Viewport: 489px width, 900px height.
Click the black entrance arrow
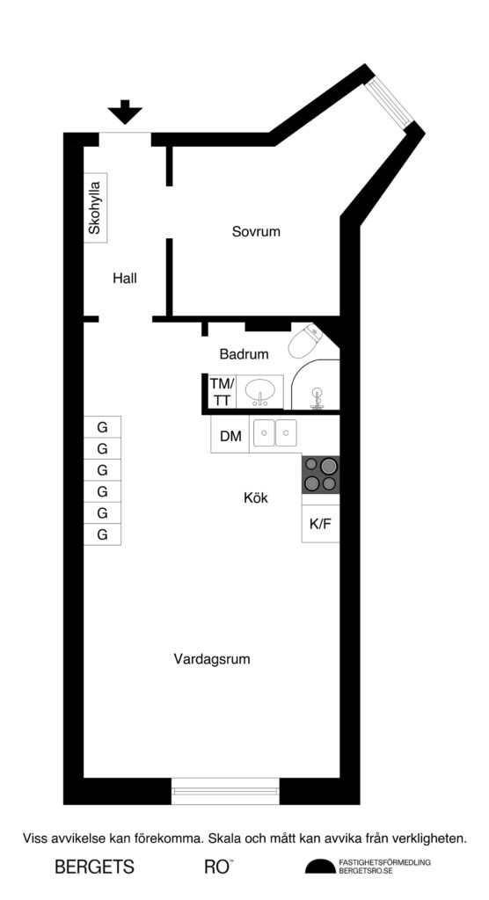(x=125, y=112)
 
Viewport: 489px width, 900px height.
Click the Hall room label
(x=125, y=278)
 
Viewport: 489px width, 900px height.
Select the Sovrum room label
(x=256, y=232)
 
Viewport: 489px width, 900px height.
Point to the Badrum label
(x=244, y=353)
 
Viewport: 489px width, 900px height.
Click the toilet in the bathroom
(x=306, y=341)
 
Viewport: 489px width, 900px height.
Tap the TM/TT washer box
(x=222, y=391)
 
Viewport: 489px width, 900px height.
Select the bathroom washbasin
(x=259, y=391)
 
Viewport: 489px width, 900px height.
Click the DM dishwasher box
(x=230, y=436)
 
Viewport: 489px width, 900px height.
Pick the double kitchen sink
(x=274, y=432)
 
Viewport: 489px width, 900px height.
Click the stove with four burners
(x=320, y=475)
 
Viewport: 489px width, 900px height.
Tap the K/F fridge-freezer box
(x=320, y=524)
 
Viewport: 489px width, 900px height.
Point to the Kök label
(x=256, y=498)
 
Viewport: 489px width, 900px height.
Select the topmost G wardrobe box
(x=103, y=428)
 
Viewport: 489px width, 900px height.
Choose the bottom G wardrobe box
(x=103, y=533)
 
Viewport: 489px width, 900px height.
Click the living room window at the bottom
(x=225, y=791)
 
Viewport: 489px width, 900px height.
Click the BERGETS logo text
(x=95, y=867)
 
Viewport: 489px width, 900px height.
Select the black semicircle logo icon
(x=320, y=868)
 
